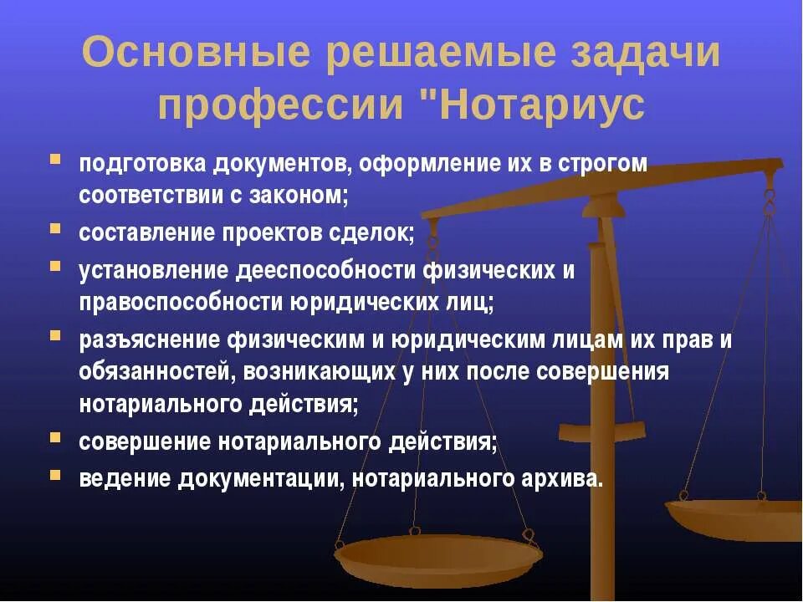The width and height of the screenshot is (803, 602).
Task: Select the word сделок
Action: coord(373,232)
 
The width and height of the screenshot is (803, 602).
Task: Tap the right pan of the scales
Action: coord(736,518)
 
